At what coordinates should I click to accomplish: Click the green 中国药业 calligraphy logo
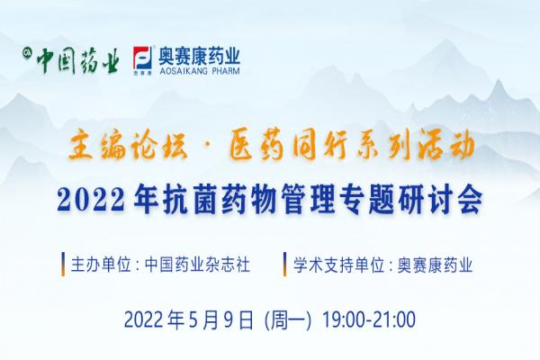(x=78, y=61)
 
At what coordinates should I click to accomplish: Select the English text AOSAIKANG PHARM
(x=199, y=71)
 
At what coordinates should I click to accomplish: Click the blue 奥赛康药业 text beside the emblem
(x=199, y=56)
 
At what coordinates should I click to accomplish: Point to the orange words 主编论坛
(x=128, y=147)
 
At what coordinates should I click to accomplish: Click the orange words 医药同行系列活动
(x=352, y=147)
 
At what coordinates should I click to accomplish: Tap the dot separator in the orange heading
(x=210, y=148)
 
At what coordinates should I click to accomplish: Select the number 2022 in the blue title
(x=91, y=200)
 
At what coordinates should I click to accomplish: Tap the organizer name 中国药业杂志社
(x=197, y=265)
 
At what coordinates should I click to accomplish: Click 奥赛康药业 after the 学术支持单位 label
(x=436, y=265)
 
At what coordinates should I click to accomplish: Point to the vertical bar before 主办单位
(x=63, y=265)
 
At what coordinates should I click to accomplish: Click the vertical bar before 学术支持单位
(x=285, y=265)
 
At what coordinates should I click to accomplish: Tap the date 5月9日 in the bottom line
(x=221, y=319)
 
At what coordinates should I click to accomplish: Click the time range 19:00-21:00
(x=369, y=319)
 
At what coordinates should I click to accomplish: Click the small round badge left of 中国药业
(x=25, y=52)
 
